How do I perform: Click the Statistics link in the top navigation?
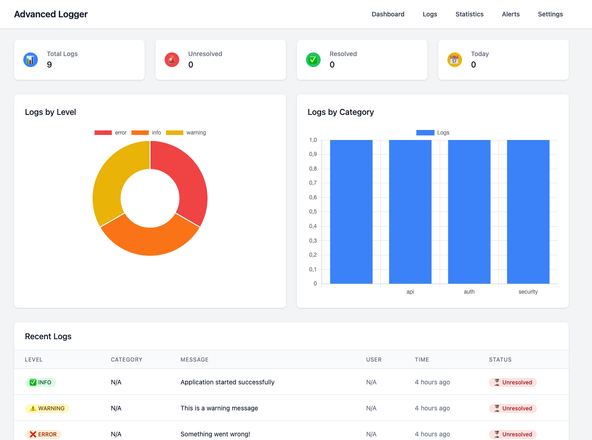[469, 14]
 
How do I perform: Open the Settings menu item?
[550, 14]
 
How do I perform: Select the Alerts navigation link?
[510, 14]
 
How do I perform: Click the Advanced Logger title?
[51, 14]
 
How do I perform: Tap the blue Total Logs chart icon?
[31, 60]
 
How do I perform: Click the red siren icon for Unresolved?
[172, 60]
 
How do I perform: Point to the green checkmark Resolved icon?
[313, 60]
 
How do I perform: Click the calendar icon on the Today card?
[455, 60]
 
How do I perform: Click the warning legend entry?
[187, 133]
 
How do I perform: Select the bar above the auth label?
[469, 212]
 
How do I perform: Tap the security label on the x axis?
[528, 292]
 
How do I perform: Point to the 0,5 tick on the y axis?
[313, 212]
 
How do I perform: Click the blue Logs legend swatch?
[425, 133]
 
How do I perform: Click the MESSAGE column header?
[194, 360]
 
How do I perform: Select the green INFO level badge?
[41, 383]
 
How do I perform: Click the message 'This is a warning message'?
[219, 408]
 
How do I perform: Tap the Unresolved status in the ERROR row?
[513, 434]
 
